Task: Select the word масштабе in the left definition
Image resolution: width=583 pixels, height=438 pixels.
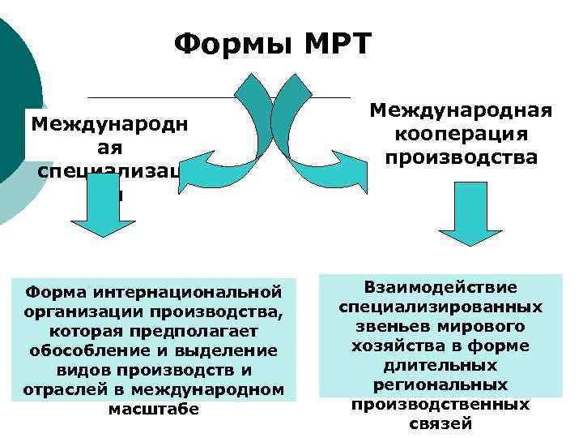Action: coord(153,409)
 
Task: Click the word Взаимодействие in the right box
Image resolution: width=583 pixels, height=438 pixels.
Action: coord(440,288)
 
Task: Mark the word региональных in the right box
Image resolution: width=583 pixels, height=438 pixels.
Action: coord(440,385)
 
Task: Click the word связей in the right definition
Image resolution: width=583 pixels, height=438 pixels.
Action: coord(440,423)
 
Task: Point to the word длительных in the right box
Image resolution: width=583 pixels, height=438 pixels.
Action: coord(440,366)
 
